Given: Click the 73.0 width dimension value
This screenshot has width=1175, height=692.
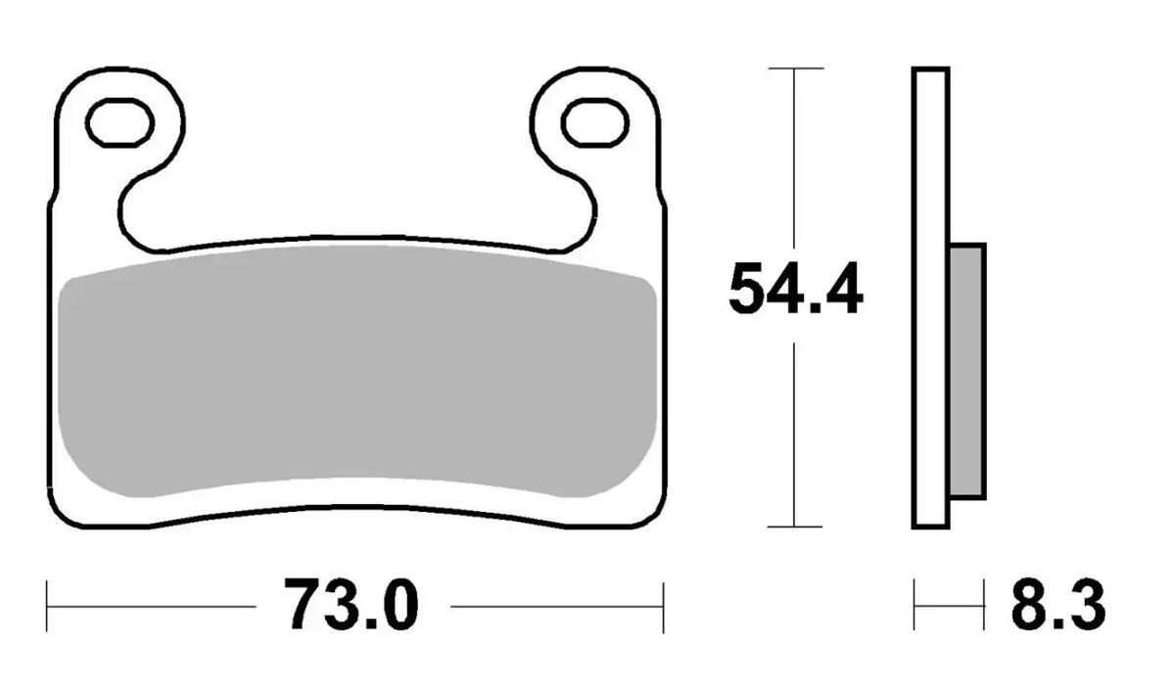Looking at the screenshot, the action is pos(352,606).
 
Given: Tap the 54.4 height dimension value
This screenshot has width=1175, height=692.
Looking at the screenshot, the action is pos(795,289).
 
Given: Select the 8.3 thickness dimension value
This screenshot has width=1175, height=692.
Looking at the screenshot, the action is pos(1058,606).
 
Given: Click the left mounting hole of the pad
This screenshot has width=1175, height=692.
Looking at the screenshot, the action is pos(119,122).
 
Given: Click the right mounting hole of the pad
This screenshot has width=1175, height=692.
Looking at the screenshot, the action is pos(595,122).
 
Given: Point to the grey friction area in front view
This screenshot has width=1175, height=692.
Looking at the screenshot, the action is pos(356,371).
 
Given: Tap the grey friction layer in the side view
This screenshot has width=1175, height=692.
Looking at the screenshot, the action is pos(967,371).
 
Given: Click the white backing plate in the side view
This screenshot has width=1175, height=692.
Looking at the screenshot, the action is pos(930,298).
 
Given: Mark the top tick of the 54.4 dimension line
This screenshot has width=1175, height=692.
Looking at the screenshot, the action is pos(795,69).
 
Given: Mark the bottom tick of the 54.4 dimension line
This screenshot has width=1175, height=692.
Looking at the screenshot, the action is pos(794,527).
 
